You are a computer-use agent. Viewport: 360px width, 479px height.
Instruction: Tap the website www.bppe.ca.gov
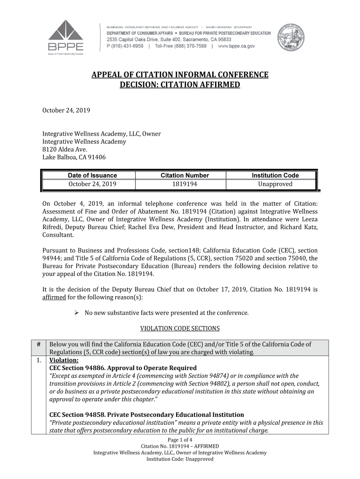pyautogui.click(x=236, y=46)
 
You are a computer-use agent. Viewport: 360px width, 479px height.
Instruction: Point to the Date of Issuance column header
pyautogui.click(x=92, y=175)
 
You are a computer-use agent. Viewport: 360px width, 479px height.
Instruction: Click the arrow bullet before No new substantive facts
pyautogui.click(x=78, y=312)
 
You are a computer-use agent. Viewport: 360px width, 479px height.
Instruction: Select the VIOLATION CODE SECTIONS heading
pyautogui.click(x=180, y=328)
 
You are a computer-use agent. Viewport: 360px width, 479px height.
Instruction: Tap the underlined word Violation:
pyautogui.click(x=61, y=360)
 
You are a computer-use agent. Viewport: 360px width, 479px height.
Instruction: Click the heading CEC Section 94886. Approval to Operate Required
pyautogui.click(x=123, y=368)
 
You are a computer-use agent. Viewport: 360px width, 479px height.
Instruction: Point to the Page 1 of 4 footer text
pyautogui.click(x=180, y=440)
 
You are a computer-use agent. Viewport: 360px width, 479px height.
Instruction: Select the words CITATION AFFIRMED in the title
pyautogui.click(x=201, y=85)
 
